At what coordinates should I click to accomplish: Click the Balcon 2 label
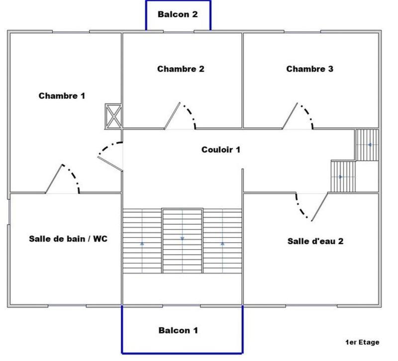(178, 14)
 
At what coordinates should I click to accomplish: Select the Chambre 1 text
(62, 95)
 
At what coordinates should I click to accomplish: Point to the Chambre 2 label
(181, 69)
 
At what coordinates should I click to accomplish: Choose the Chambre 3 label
(309, 69)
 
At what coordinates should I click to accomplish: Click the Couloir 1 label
(221, 149)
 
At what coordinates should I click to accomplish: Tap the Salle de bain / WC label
(68, 239)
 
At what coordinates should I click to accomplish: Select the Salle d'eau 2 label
(315, 241)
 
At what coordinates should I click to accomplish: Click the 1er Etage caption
(362, 342)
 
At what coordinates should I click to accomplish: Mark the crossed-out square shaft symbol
(113, 116)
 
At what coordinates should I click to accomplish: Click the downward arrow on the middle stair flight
(182, 239)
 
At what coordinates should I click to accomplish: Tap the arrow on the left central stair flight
(142, 244)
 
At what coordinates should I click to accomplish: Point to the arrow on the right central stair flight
(222, 244)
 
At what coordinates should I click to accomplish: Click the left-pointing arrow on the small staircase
(370, 145)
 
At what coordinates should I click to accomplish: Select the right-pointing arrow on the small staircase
(341, 177)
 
